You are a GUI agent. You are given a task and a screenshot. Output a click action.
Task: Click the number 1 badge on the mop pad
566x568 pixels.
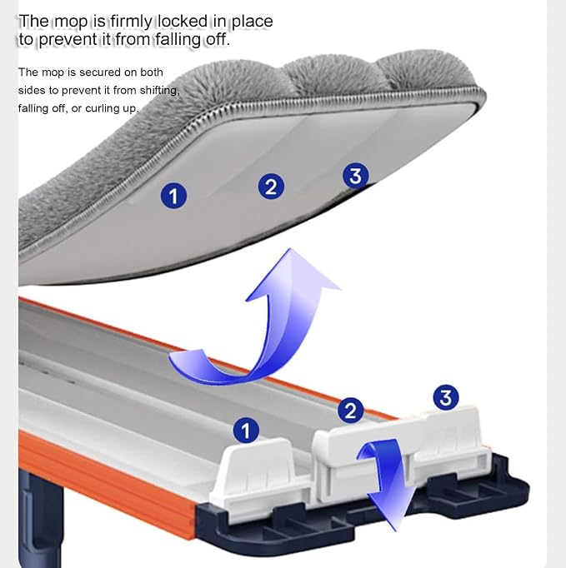pyautogui.click(x=173, y=196)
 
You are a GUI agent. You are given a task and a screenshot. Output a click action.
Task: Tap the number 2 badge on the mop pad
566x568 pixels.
pyautogui.click(x=271, y=187)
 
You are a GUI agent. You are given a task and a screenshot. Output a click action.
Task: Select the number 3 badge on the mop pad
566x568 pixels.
pyautogui.click(x=355, y=176)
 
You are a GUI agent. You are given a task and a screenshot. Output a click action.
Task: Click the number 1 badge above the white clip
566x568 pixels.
pyautogui.click(x=246, y=431)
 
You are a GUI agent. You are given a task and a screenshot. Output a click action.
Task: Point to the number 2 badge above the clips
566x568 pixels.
pyautogui.click(x=350, y=411)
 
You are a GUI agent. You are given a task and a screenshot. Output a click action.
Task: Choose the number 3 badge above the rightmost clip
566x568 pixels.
pyautogui.click(x=446, y=398)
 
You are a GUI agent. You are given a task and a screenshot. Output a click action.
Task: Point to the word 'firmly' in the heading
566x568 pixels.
pyautogui.click(x=131, y=22)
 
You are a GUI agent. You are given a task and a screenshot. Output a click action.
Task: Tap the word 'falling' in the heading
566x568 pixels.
pyautogui.click(x=178, y=40)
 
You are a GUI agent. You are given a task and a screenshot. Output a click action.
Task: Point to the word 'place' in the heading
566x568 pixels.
pyautogui.click(x=252, y=22)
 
